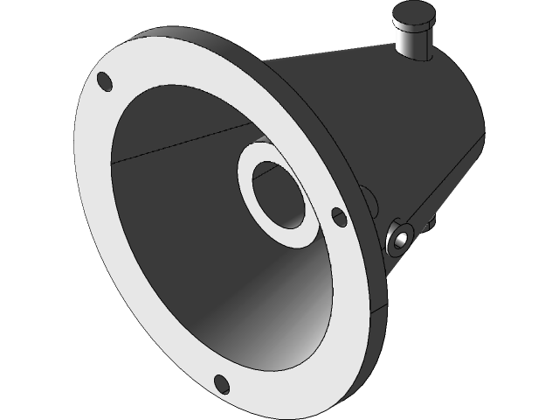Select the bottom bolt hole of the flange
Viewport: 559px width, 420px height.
pyautogui.click(x=222, y=383)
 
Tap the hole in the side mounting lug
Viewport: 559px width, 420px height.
pyautogui.click(x=401, y=237)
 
